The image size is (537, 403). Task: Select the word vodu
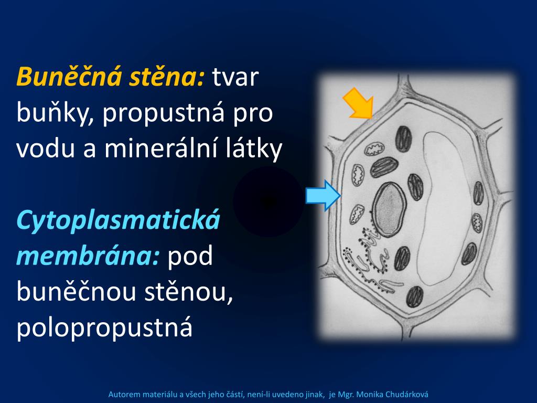46,149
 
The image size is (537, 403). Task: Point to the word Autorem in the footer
123,394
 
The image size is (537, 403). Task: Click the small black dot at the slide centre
268,201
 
